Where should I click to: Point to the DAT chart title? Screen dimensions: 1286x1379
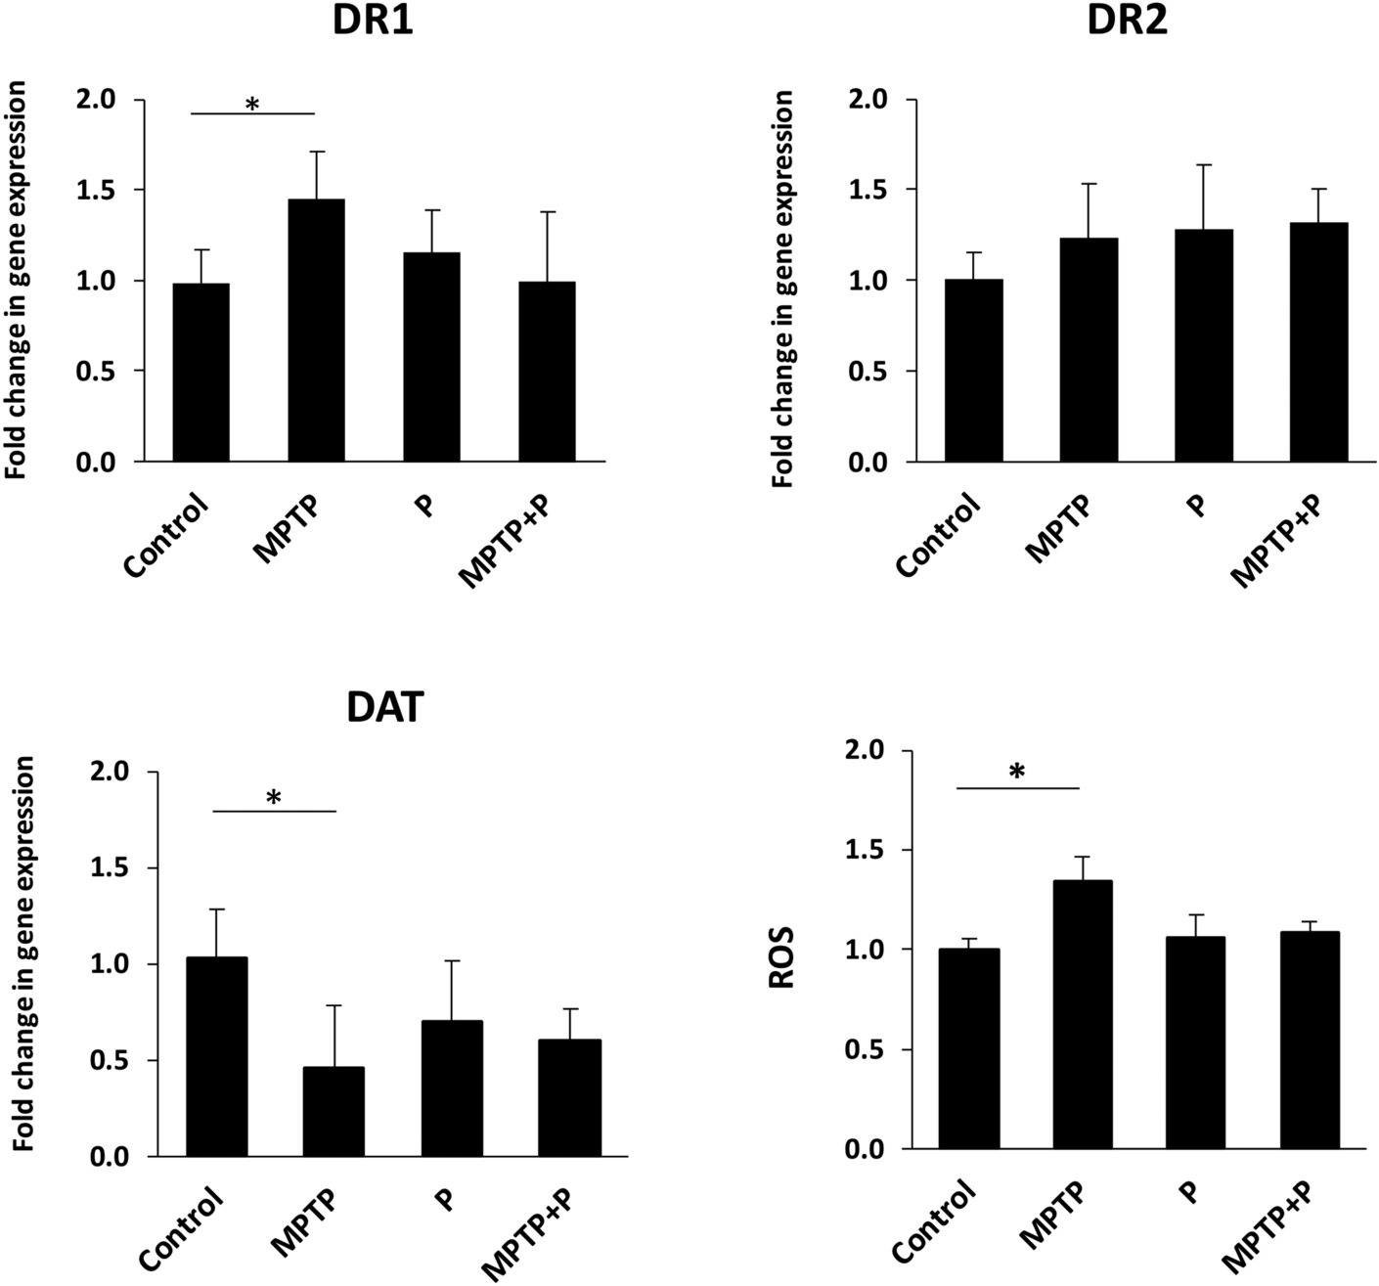point(384,707)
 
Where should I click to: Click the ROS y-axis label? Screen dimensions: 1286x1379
point(781,958)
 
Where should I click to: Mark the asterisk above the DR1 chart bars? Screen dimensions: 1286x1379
point(252,104)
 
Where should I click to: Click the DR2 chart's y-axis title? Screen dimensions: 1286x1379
point(782,288)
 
